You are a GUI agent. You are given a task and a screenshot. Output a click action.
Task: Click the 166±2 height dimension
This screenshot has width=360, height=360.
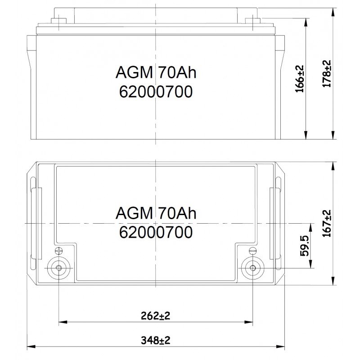tap(301, 79)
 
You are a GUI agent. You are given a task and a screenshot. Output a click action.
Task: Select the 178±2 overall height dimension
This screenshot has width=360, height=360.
tap(327, 73)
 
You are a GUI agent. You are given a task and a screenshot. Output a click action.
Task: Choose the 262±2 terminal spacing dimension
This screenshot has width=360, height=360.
tap(155, 316)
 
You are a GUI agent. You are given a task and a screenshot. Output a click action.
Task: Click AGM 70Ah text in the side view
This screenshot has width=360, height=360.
tap(156, 73)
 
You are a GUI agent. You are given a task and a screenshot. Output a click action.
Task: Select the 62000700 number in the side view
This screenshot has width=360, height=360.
tap(156, 92)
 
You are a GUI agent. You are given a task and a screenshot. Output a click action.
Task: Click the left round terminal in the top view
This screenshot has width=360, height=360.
tap(59, 268)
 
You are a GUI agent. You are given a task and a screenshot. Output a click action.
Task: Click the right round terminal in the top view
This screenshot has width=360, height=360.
tap(252, 268)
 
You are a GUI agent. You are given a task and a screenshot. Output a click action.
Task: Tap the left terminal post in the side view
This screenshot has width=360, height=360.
tap(58, 20)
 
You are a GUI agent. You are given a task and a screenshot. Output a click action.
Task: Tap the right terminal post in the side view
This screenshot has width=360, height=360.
tap(253, 20)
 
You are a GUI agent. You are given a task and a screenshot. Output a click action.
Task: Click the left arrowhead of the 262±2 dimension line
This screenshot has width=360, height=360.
tap(62, 322)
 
